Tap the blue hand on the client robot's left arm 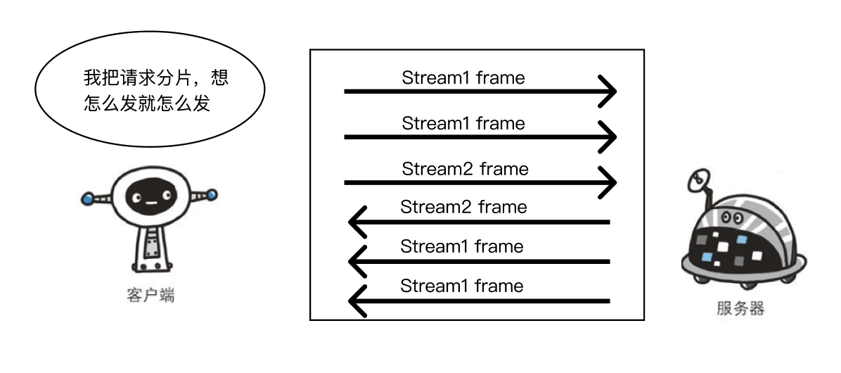click(87, 198)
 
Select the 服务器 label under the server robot click(740, 308)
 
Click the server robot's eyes click(733, 216)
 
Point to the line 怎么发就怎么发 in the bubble click(147, 103)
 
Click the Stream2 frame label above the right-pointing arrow click(465, 169)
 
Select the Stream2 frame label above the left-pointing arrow click(463, 207)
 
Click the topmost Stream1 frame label click(463, 78)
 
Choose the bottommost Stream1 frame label click(462, 286)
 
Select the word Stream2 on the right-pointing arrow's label click(437, 169)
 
